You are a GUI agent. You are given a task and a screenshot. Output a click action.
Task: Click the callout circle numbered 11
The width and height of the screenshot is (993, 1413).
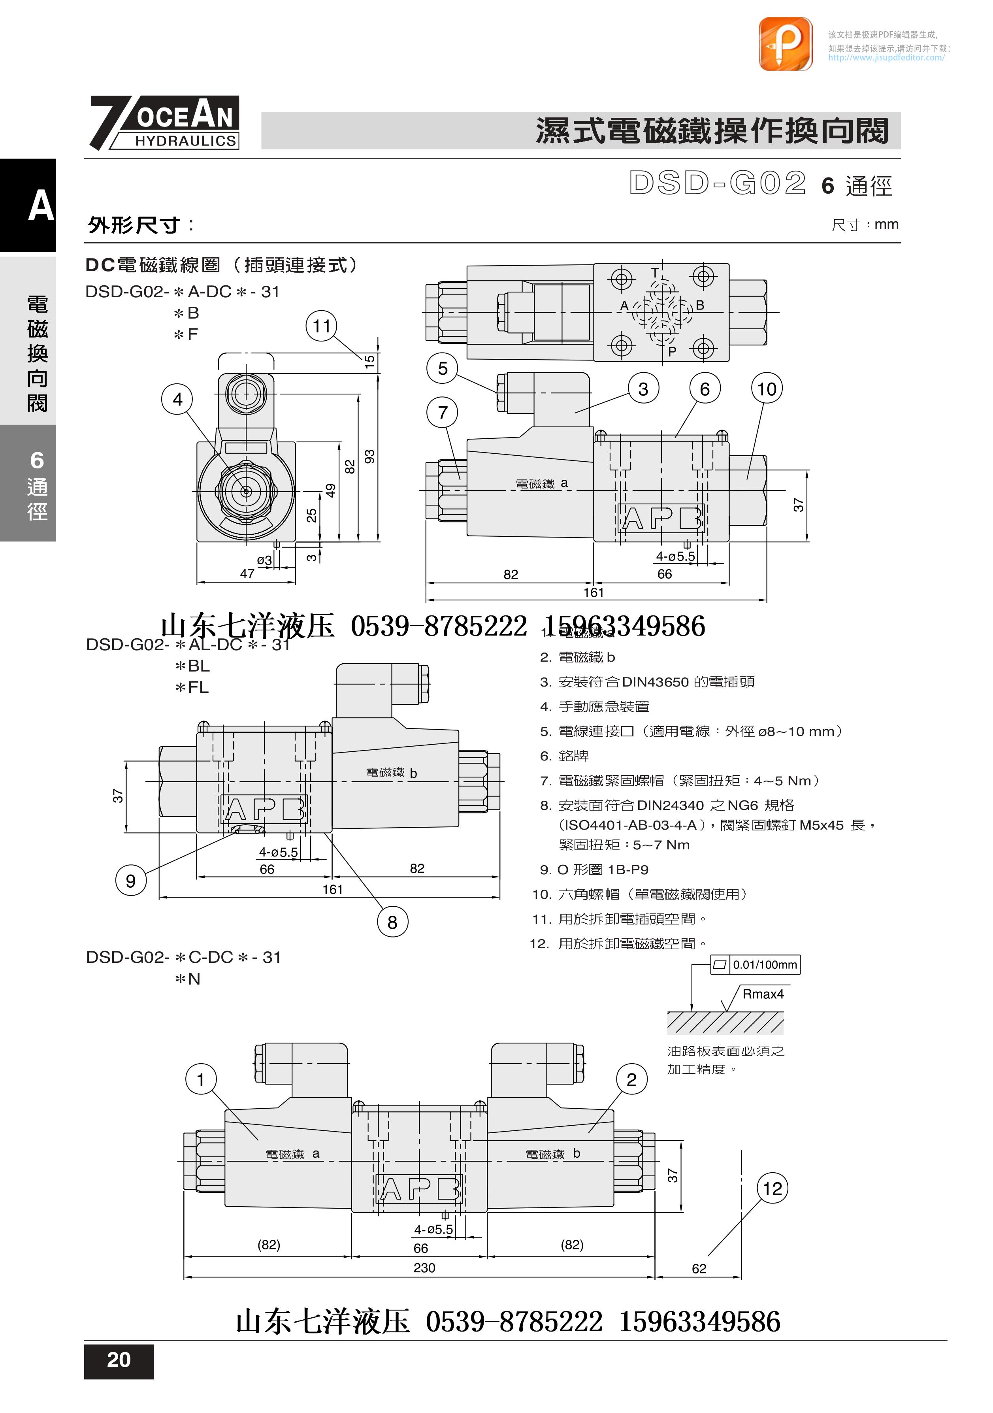[322, 326]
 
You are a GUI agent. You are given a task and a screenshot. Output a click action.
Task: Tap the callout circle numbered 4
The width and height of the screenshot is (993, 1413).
[177, 400]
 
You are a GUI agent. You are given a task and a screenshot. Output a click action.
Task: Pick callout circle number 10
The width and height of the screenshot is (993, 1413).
[767, 389]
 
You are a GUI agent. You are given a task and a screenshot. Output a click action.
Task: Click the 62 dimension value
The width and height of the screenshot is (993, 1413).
[699, 1268]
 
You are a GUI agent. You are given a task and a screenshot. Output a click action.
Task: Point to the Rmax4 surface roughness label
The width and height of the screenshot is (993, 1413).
[763, 994]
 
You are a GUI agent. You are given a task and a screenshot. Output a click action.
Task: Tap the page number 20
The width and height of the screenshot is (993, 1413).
[119, 1360]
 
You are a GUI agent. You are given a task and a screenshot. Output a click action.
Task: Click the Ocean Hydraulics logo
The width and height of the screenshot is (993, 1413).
[165, 123]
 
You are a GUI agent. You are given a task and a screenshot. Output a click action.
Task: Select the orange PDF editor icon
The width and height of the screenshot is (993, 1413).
[786, 44]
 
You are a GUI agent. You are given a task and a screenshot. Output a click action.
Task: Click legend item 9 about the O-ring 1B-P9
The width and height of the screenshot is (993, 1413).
[594, 870]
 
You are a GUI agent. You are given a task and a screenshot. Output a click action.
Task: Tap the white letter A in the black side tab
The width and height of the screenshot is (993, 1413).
[41, 206]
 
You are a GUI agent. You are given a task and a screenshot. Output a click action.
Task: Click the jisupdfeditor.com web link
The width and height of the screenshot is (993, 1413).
[886, 58]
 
